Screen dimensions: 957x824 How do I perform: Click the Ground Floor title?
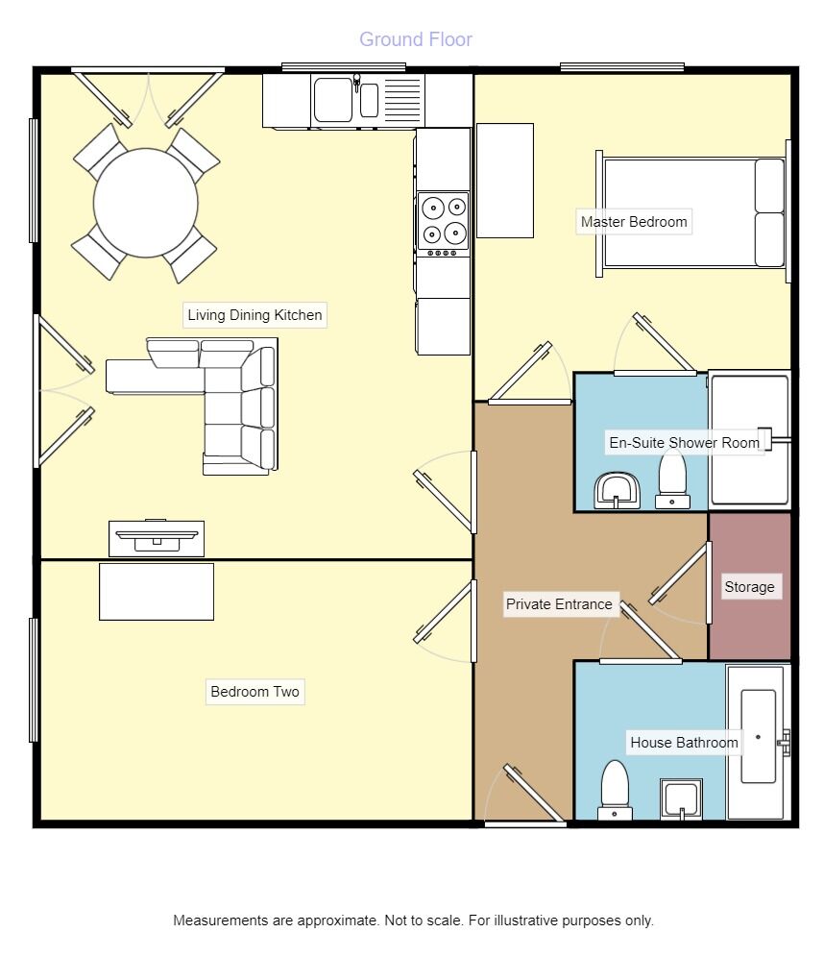[415, 39]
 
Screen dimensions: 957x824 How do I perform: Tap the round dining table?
[146, 203]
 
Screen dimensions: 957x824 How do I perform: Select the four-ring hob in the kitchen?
[443, 222]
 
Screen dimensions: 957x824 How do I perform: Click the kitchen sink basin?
[333, 100]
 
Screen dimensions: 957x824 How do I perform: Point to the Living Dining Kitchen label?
[254, 315]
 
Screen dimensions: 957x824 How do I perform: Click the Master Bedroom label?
[634, 222]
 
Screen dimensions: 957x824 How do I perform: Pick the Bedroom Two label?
[254, 692]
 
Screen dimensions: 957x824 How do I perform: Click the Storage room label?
[749, 587]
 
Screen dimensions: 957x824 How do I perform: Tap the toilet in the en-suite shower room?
[672, 478]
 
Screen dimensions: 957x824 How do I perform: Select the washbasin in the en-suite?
[614, 490]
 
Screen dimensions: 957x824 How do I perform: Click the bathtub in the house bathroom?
[758, 740]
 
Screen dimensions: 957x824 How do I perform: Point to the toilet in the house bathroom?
[615, 790]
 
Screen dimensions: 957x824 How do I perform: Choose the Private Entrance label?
[559, 604]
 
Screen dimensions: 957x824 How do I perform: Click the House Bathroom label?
[684, 743]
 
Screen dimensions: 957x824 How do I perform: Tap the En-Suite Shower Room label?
[685, 443]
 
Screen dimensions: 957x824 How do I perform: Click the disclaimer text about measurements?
[413, 920]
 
